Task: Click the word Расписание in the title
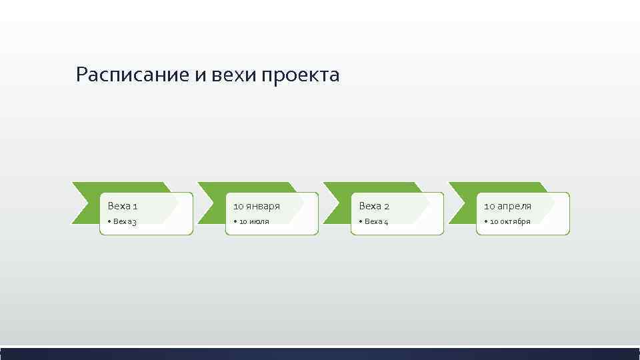point(133,75)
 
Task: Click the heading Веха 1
point(123,207)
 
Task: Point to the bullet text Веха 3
point(124,221)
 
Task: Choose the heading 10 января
point(256,207)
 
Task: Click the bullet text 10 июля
point(254,221)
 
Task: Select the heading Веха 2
point(374,207)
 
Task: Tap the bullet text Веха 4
point(375,221)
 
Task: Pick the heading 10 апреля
point(507,207)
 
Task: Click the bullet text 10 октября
point(510,221)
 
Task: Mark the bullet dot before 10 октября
point(486,221)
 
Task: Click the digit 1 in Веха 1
point(135,207)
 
